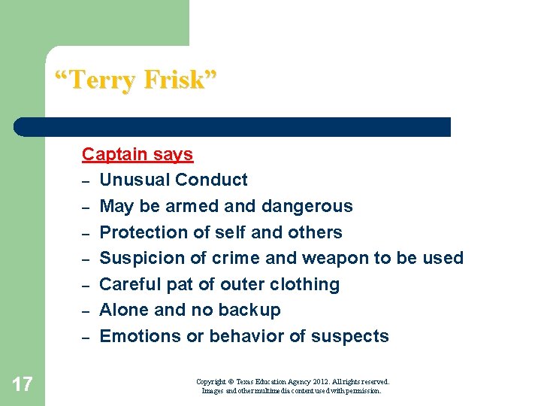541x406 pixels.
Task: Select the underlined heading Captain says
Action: coord(138,154)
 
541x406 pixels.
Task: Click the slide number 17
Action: coord(23,385)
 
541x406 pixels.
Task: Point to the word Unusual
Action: coord(132,180)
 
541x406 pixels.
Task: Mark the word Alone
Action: coord(124,310)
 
